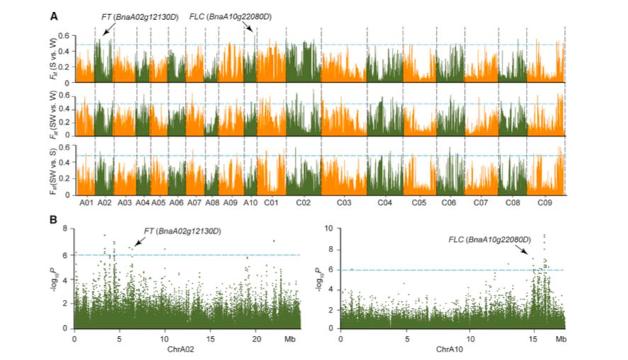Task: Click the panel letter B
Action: pyautogui.click(x=53, y=220)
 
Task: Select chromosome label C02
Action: pyautogui.click(x=303, y=203)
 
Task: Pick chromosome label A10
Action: pyautogui.click(x=249, y=203)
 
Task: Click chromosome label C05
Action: pyautogui.click(x=419, y=203)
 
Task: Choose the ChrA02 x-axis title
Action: pyautogui.click(x=186, y=350)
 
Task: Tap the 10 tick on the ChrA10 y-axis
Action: pyautogui.click(x=328, y=230)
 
